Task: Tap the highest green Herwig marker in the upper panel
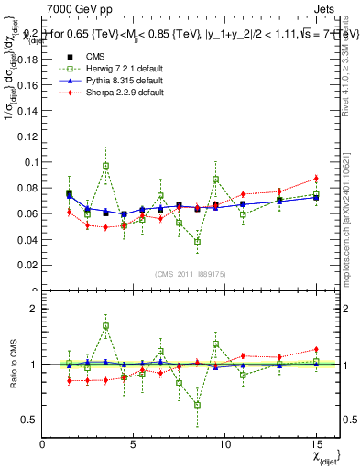click(105, 166)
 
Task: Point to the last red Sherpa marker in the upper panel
click(316, 178)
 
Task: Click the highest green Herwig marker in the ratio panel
click(105, 325)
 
